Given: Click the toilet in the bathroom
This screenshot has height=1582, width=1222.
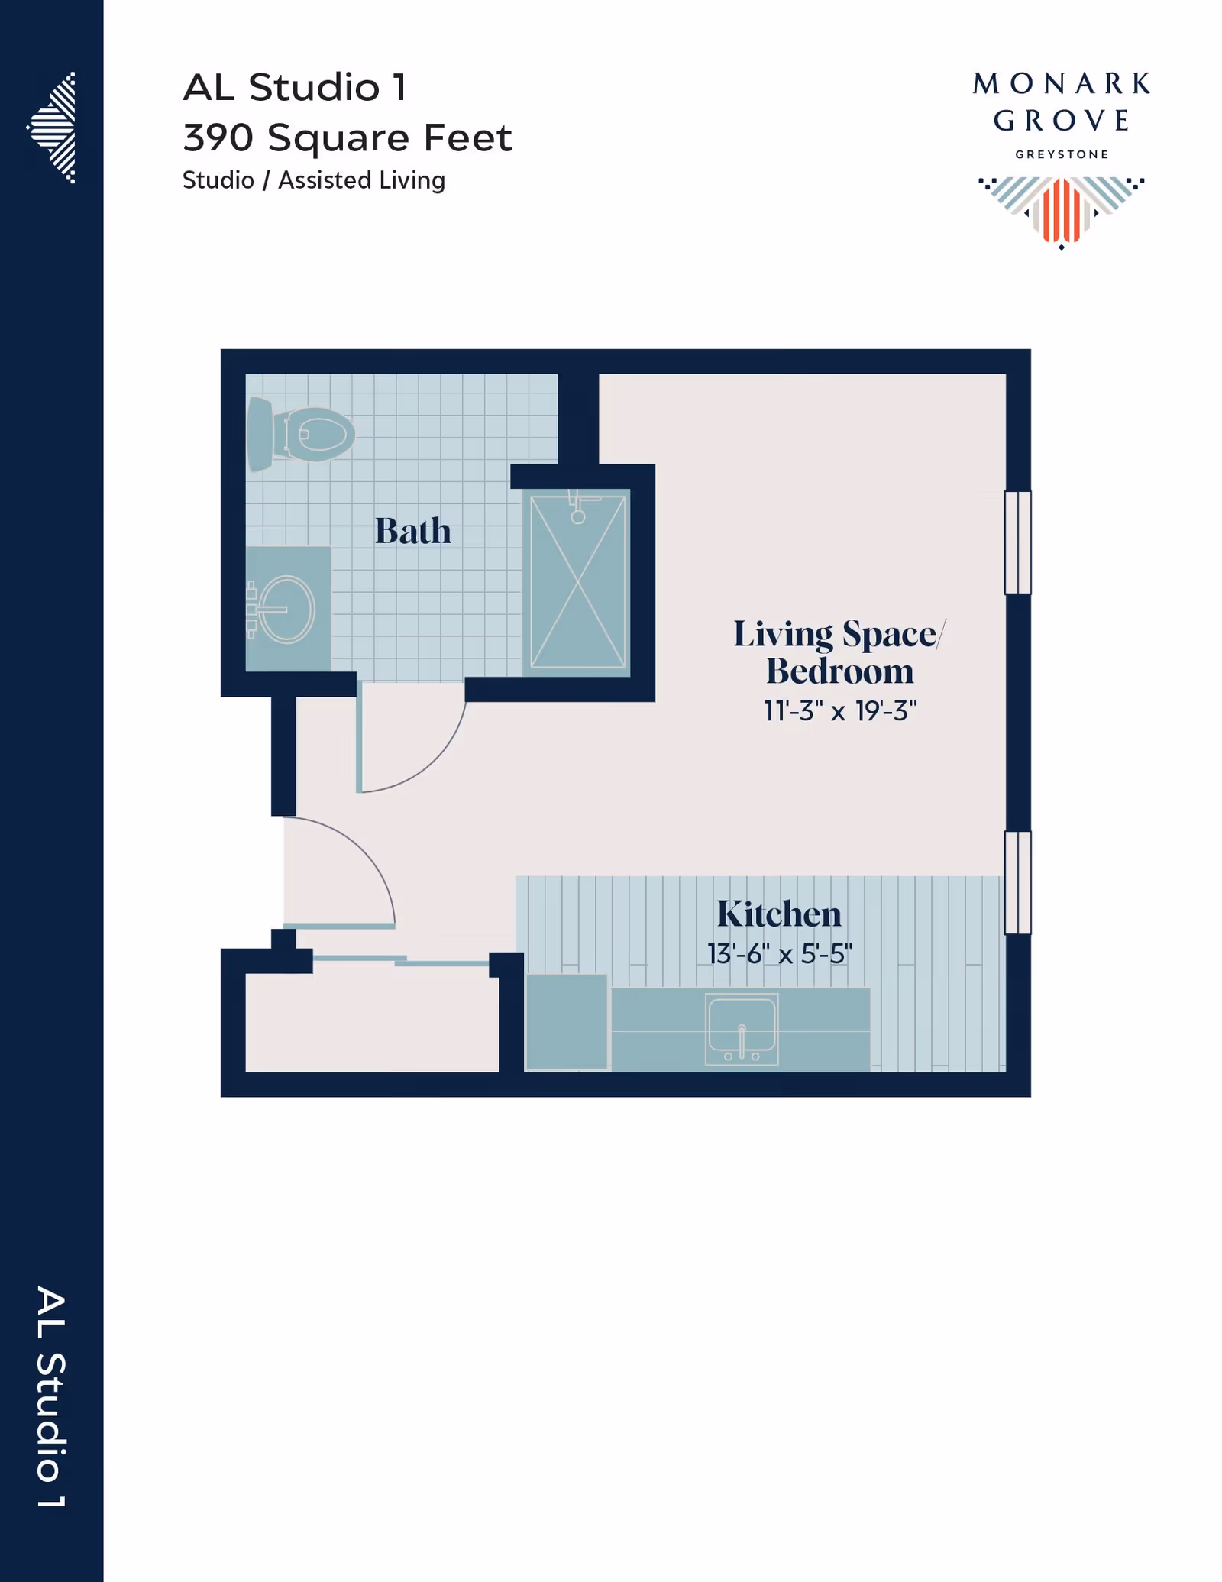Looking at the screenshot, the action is pos(300,434).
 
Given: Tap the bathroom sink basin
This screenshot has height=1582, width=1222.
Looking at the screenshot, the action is pos(286,609).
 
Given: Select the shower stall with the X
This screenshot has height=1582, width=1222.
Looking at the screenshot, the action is pos(577,582).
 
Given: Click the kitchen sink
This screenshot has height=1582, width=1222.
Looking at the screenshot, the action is pos(742,1028).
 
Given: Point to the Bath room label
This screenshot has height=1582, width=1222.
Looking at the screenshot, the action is pos(412,531).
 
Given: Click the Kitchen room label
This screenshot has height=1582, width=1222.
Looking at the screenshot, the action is pos(779,914).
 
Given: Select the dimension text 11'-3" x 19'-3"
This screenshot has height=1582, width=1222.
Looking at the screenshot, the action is pos(840,711).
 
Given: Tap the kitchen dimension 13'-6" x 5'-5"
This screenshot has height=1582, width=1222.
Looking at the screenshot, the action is pos(779,954).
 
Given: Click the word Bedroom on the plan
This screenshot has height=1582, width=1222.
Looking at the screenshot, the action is pos(840,671).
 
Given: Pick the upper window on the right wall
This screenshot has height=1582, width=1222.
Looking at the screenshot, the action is pos(1017,542).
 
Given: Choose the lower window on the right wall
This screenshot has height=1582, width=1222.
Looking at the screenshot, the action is pos(1017,882).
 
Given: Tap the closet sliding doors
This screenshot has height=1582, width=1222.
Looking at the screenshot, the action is pos(401,960).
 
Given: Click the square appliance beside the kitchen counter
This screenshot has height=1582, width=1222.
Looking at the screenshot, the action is pos(567,1022).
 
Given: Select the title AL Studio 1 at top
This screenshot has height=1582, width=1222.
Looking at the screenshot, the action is pos(295,87).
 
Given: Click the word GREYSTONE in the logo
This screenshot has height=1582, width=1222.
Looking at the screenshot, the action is pos(1062,154).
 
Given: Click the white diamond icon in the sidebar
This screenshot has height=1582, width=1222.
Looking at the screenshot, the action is pos(53,128).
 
